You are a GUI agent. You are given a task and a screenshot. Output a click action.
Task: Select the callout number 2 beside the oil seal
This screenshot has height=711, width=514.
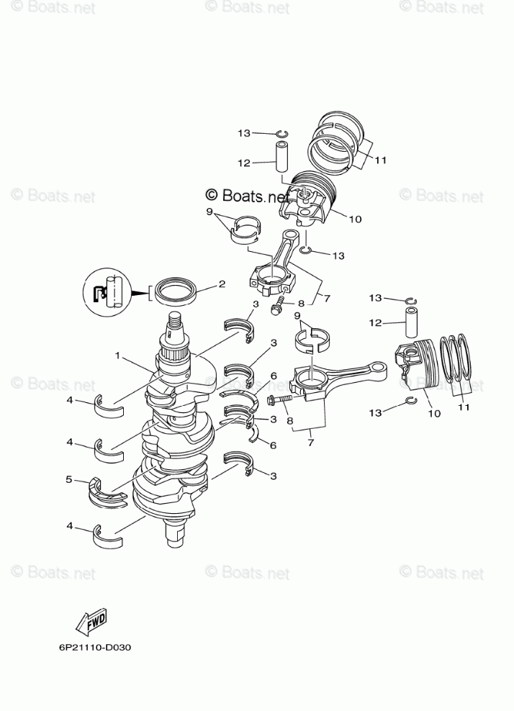[222, 284]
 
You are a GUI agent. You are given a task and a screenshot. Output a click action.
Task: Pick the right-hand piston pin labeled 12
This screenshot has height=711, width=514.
[412, 322]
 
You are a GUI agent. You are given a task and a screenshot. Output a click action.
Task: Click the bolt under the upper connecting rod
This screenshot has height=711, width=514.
[277, 309]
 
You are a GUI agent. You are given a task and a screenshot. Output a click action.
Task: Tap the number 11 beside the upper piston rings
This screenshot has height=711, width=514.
[380, 160]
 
